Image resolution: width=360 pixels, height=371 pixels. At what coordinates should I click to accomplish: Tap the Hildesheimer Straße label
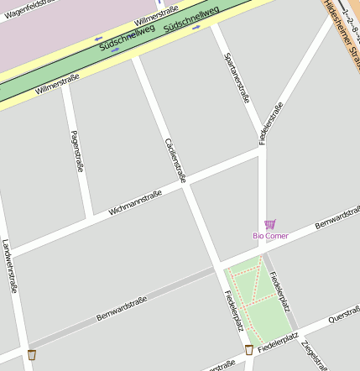[x=342, y=29]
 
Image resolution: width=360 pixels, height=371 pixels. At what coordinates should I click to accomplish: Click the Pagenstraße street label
[x=77, y=151]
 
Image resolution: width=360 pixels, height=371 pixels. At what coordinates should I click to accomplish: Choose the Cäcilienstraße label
[x=175, y=159]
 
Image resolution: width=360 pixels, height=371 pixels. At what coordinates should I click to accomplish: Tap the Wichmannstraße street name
[x=134, y=202]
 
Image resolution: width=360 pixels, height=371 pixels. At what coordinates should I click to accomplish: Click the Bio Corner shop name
[x=270, y=236]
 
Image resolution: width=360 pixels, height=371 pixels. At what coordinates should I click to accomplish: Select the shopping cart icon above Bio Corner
[x=269, y=224]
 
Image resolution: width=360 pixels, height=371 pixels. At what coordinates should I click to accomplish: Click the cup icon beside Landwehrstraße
[x=32, y=355]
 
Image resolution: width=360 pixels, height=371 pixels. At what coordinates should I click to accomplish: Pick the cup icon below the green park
[x=248, y=350]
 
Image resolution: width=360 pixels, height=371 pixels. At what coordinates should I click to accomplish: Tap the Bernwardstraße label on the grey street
[x=121, y=308]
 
